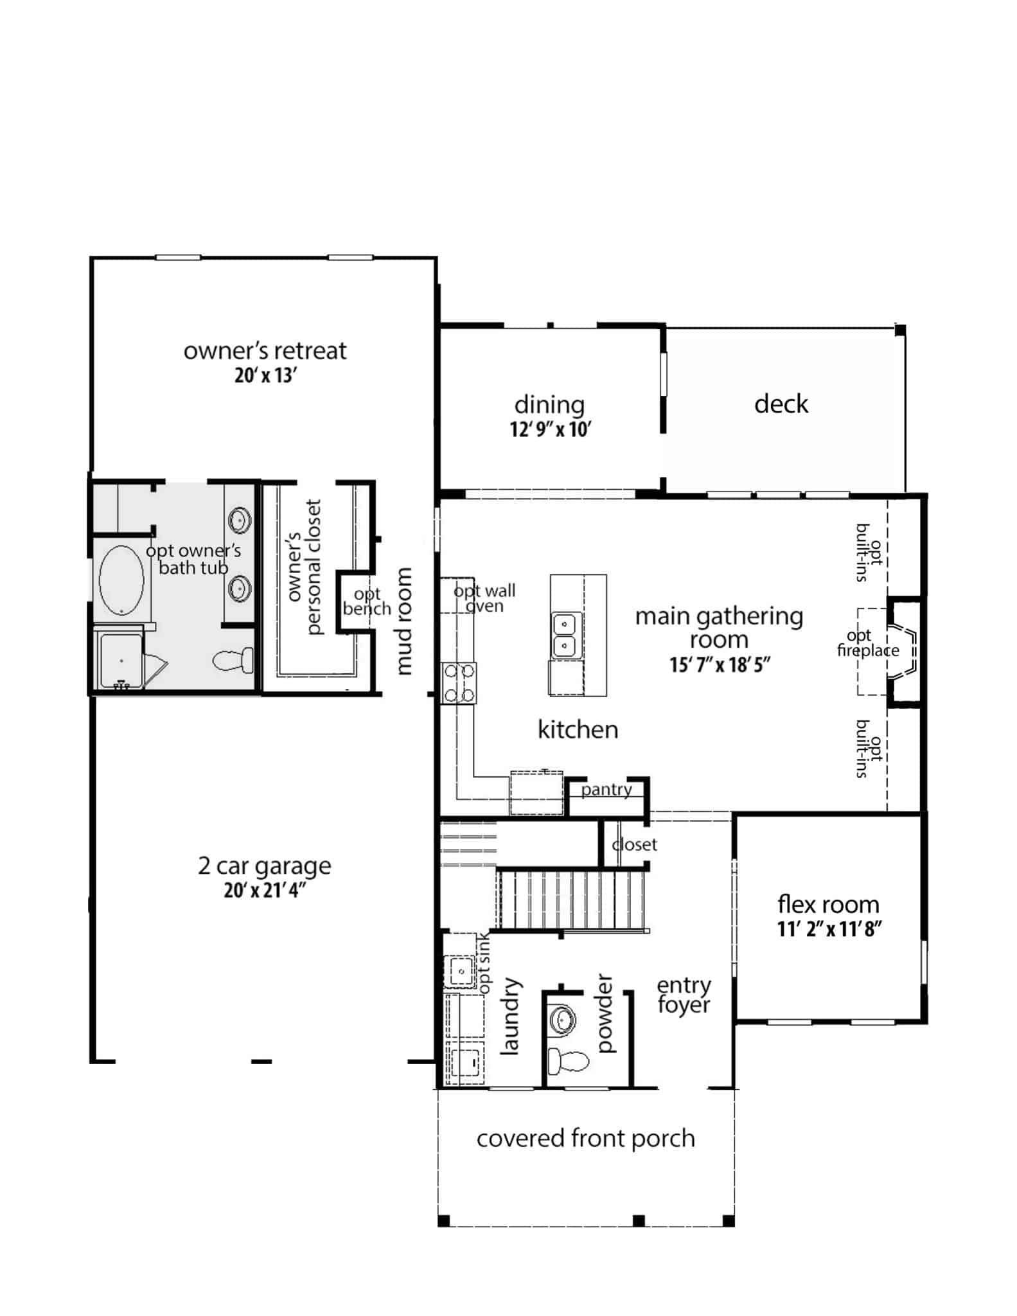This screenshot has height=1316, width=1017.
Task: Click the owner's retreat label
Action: click(265, 351)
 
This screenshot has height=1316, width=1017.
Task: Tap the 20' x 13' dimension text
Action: click(265, 376)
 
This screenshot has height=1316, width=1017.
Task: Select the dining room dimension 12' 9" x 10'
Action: click(551, 429)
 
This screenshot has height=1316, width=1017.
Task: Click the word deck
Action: click(781, 404)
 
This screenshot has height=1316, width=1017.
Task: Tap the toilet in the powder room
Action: click(568, 1061)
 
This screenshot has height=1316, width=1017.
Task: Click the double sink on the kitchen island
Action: click(565, 634)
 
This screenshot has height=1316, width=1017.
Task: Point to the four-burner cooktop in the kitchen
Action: click(459, 683)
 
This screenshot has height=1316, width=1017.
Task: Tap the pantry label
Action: click(606, 789)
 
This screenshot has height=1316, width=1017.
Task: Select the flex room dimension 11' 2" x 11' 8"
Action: click(828, 929)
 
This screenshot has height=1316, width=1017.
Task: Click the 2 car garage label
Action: click(265, 866)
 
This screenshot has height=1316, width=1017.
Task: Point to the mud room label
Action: click(403, 621)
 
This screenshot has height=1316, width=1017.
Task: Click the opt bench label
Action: click(367, 601)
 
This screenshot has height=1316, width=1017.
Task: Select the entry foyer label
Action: click(684, 995)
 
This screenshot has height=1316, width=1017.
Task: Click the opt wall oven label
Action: click(484, 598)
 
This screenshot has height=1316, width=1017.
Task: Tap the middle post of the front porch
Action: click(638, 1220)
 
